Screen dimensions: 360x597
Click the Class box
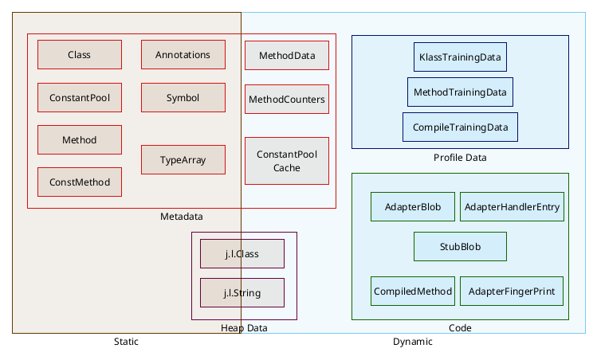[80, 55]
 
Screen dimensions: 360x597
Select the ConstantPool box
[80, 98]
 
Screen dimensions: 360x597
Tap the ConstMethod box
[80, 182]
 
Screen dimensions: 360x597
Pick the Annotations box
[183, 55]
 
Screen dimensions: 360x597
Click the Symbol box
[183, 98]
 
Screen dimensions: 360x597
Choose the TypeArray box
[183, 160]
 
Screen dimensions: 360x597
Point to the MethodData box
[286, 56]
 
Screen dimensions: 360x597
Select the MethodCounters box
[286, 100]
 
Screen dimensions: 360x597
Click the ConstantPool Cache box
[286, 161]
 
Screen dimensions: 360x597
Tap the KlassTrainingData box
[461, 57]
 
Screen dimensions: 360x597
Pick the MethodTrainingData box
[460, 92]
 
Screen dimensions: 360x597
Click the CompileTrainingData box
[460, 127]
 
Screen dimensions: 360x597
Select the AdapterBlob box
[413, 207]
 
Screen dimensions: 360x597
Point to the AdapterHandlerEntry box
[513, 207]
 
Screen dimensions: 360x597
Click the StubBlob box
[461, 246]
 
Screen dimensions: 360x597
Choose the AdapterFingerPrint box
[512, 291]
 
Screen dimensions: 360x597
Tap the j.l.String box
[242, 293]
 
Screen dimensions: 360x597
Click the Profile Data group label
[460, 158]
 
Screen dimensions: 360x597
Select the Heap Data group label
[244, 328]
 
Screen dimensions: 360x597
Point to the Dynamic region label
[413, 342]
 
